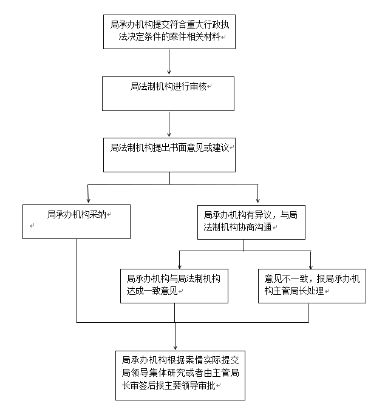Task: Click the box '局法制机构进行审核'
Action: tap(168, 93)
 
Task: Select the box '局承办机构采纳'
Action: tap(77, 221)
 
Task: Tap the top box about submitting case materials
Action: tap(169, 32)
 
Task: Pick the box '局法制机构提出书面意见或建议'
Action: tap(169, 155)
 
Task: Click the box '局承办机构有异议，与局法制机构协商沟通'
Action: tap(251, 222)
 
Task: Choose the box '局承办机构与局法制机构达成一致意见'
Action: tap(174, 286)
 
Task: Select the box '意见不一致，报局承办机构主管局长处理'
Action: tap(312, 286)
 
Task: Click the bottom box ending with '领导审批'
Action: tap(180, 376)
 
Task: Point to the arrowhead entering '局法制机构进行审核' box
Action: tap(169, 72)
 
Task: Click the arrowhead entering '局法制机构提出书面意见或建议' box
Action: tap(169, 134)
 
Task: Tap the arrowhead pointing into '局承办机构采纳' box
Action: tap(89, 200)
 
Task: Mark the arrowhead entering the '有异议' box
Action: tap(258, 200)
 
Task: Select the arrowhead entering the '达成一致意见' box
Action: tap(179, 266)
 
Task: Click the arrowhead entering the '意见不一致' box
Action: tap(311, 266)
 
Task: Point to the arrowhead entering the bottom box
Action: tap(175, 347)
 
